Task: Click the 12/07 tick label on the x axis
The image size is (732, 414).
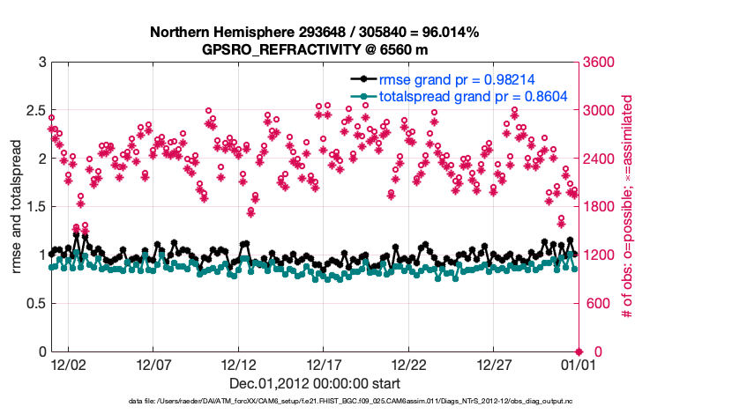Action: [x=153, y=364]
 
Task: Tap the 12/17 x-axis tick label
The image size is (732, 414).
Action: [x=324, y=364]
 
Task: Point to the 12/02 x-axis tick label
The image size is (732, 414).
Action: [x=68, y=364]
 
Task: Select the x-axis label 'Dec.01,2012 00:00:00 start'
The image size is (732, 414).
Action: [x=315, y=383]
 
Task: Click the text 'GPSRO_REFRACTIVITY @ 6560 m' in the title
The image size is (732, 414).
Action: [x=315, y=48]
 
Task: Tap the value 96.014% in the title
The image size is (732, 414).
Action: [x=448, y=33]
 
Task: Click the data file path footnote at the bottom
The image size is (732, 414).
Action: [x=351, y=401]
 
